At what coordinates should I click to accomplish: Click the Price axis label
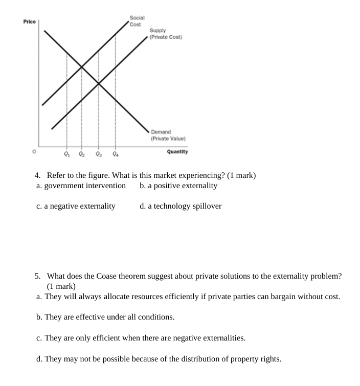30,22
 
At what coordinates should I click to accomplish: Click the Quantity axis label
177,151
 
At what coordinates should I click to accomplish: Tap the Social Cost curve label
136,21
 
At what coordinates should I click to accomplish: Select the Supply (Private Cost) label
166,34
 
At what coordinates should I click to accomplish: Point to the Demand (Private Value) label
168,135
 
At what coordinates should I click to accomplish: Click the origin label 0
34,151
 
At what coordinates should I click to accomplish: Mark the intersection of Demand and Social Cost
82,66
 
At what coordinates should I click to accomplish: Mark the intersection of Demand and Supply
99,83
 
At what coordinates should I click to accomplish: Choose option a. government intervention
81,186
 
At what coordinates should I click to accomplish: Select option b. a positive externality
178,186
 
